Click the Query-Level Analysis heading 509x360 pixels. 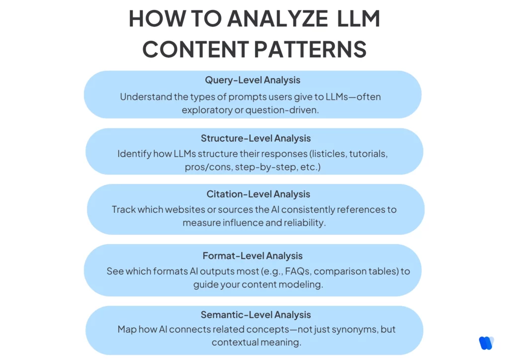tap(253, 80)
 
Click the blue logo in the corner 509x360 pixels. tap(486, 343)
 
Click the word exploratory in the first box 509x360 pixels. tap(206, 110)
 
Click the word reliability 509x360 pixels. tap(304, 223)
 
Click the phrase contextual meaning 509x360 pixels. tap(256, 342)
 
